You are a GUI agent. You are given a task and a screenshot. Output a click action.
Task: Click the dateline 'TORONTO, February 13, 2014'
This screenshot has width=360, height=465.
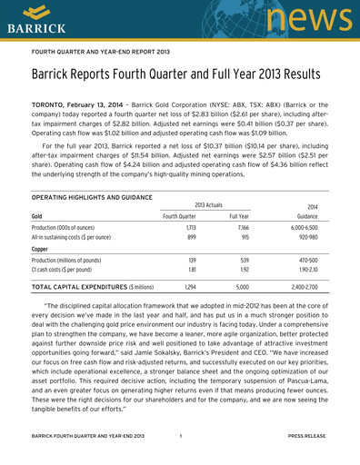point(80,106)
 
